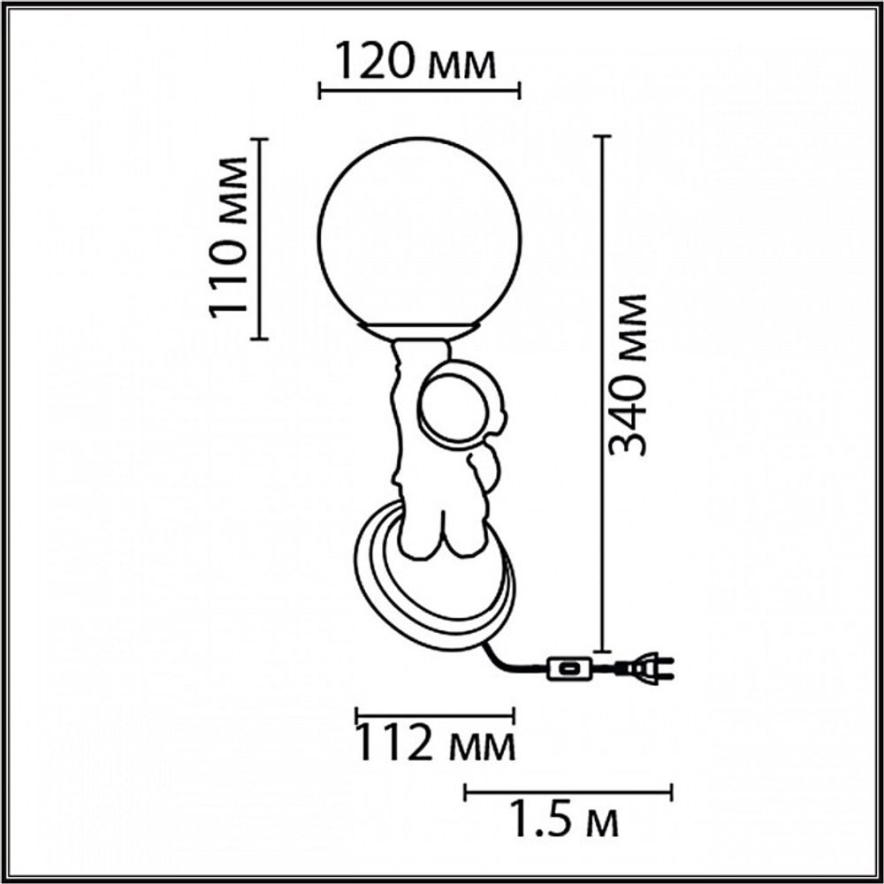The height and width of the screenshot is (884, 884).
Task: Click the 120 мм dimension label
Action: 415,63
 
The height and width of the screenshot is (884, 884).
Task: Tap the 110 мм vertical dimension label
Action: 227,237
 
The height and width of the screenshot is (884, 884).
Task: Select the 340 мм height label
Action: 630,374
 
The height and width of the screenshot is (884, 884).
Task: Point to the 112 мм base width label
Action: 434,745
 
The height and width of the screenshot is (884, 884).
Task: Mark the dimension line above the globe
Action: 419,90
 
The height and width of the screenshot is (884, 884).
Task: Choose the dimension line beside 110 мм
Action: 258,239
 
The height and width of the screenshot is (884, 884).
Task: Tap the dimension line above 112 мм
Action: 434,714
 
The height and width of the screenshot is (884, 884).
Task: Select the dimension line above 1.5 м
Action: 568,791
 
